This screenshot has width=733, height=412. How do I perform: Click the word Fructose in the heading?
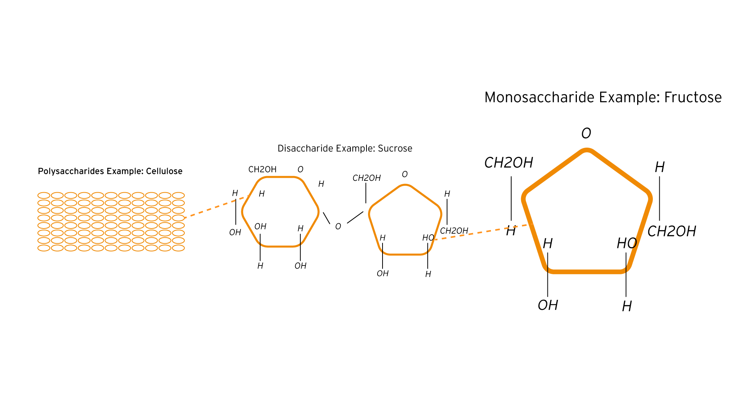tap(693, 97)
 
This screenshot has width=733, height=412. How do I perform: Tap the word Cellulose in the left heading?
tap(164, 171)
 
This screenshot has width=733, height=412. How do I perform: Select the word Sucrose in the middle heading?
tap(395, 148)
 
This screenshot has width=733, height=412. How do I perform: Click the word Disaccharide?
tap(305, 148)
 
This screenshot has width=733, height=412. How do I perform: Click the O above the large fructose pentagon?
tap(586, 133)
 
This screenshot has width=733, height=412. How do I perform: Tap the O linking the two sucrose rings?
tap(338, 227)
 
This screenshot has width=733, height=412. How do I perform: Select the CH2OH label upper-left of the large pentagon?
tap(509, 163)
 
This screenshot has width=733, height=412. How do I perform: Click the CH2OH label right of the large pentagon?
tap(672, 231)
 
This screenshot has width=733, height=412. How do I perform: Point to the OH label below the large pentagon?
tap(548, 305)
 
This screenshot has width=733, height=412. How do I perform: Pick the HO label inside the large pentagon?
tap(627, 243)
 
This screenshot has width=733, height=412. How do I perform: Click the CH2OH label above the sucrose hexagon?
tap(262, 169)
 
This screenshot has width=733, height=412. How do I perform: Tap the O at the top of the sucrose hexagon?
tap(300, 169)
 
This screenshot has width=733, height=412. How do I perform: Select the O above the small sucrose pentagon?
tap(405, 174)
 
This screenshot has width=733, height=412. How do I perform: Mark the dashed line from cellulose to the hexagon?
tap(217, 207)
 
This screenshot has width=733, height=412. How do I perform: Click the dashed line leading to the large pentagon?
tap(481, 232)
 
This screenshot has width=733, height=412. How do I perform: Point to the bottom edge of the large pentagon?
tap(586, 272)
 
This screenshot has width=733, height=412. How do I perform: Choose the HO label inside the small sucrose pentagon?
tap(428, 238)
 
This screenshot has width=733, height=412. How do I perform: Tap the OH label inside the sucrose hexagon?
tap(260, 227)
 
